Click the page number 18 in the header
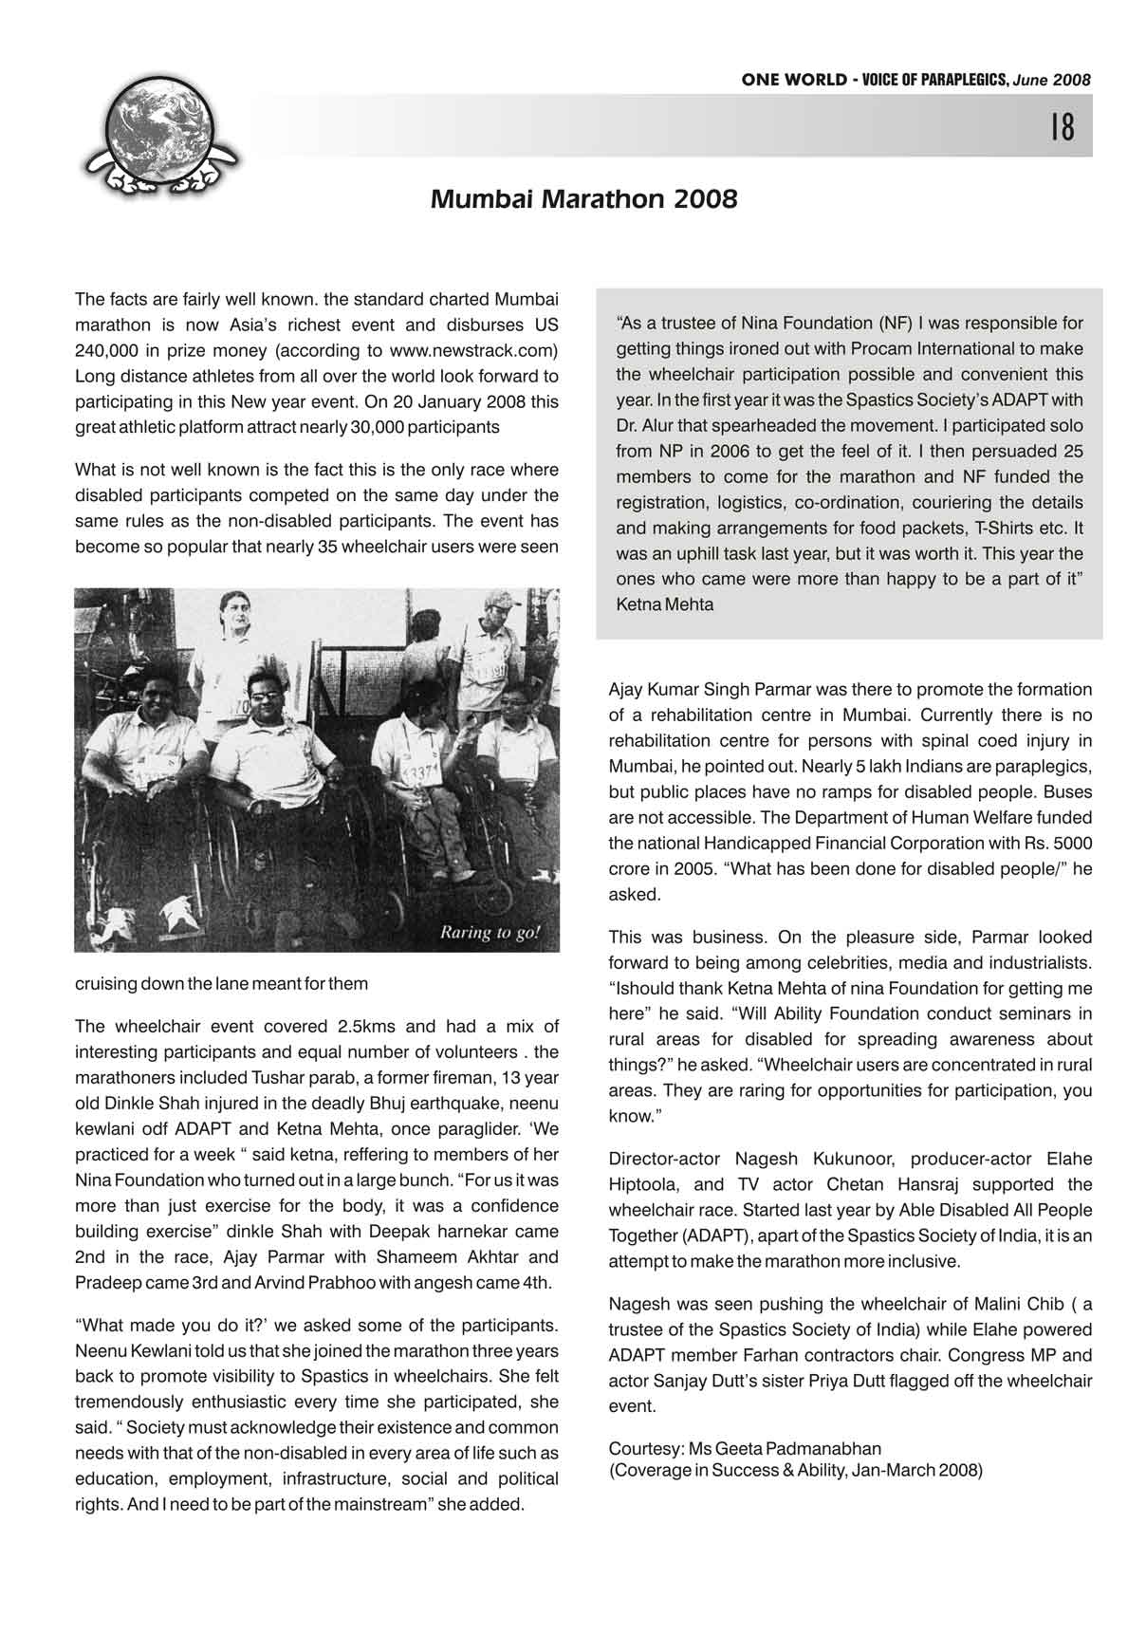pos(1063,126)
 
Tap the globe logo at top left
pos(159,136)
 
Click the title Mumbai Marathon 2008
pos(583,200)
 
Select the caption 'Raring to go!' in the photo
pos(490,932)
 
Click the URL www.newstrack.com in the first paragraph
pos(472,350)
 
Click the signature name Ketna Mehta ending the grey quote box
pos(665,604)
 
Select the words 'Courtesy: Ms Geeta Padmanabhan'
pos(745,1449)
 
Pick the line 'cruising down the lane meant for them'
pos(221,984)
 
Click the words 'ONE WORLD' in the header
pos(794,81)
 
